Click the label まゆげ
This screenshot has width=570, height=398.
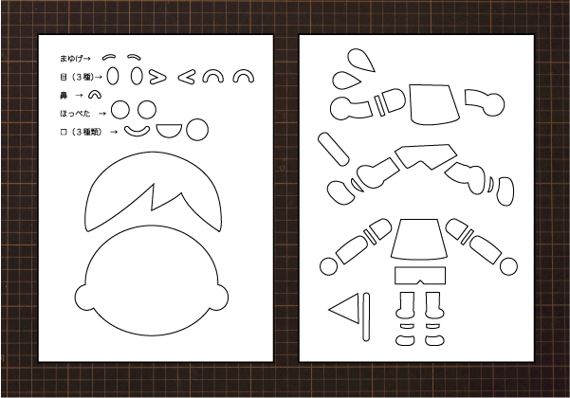(71, 59)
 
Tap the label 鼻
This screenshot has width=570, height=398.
(64, 96)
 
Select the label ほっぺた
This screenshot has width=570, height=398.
(75, 114)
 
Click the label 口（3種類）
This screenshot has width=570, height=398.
(81, 132)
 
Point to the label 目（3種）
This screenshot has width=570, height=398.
(77, 77)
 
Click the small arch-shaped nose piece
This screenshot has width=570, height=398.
(95, 93)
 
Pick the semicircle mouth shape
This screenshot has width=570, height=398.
(169, 130)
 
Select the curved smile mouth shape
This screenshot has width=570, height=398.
(138, 133)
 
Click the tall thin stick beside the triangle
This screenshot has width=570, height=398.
(366, 317)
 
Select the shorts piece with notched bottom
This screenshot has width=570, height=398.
(420, 275)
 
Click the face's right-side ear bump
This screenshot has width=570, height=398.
(220, 298)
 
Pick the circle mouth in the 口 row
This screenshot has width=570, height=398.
(197, 130)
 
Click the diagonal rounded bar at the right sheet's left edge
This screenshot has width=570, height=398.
(333, 150)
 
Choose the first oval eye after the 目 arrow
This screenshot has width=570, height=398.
(113, 76)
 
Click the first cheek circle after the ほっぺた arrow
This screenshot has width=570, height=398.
(120, 110)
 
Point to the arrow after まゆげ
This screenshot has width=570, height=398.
(87, 59)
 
